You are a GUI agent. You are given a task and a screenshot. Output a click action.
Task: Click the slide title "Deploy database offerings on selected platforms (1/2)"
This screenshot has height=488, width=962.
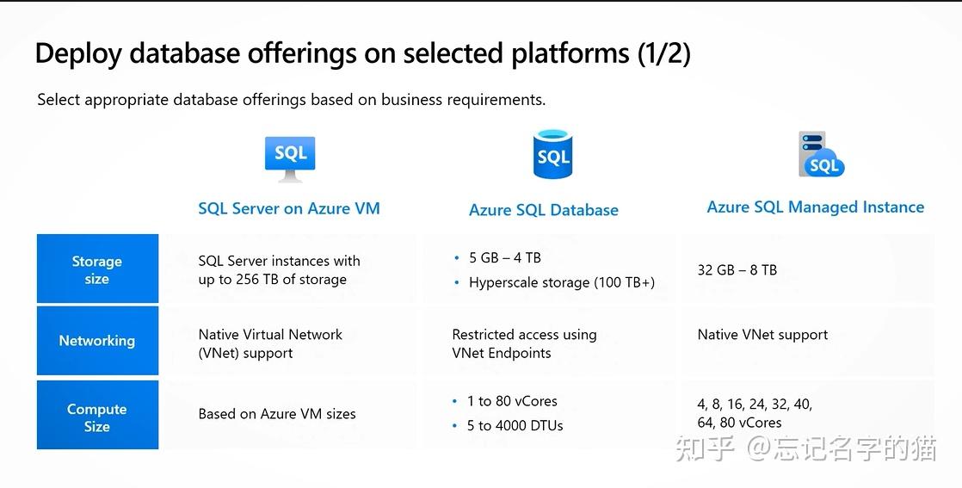click(x=362, y=54)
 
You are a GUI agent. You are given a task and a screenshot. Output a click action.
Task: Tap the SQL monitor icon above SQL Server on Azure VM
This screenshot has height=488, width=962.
click(x=290, y=158)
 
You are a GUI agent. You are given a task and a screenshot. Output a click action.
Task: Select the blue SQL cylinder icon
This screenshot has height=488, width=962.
click(x=552, y=155)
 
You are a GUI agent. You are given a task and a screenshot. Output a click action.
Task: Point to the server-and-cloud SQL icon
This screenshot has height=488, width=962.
click(x=820, y=155)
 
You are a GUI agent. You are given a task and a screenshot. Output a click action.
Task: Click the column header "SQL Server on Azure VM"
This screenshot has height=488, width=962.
click(x=288, y=208)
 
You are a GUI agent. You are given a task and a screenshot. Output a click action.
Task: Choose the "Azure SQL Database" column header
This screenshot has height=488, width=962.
click(x=543, y=210)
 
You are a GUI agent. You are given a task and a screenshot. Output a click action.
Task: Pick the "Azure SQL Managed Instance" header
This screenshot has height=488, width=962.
click(x=815, y=207)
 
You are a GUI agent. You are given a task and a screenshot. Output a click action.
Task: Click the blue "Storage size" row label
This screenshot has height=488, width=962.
click(x=97, y=269)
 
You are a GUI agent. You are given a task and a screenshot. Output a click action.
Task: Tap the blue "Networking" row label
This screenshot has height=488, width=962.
click(x=97, y=341)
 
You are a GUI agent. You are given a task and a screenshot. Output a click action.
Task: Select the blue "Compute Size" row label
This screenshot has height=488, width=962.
click(x=97, y=417)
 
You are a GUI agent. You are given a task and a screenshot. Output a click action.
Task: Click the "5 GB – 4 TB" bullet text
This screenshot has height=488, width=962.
click(x=504, y=257)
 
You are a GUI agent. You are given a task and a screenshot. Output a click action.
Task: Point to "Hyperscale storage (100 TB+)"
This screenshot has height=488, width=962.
click(x=561, y=282)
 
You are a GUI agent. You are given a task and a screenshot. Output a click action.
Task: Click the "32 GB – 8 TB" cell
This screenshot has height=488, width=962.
click(x=737, y=270)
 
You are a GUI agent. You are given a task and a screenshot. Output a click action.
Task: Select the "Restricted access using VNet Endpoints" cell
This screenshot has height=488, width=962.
click(x=523, y=343)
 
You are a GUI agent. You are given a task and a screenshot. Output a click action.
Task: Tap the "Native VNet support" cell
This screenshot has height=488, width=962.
click(x=762, y=335)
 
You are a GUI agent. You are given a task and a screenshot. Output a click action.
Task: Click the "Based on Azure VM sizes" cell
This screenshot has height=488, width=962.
click(x=277, y=414)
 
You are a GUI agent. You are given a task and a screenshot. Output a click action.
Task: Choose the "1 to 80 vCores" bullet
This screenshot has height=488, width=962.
click(x=512, y=401)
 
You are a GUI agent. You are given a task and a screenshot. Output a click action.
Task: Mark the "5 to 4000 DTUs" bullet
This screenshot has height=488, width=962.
click(x=515, y=425)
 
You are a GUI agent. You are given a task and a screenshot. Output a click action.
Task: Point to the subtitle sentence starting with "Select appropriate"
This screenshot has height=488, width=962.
click(x=291, y=100)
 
